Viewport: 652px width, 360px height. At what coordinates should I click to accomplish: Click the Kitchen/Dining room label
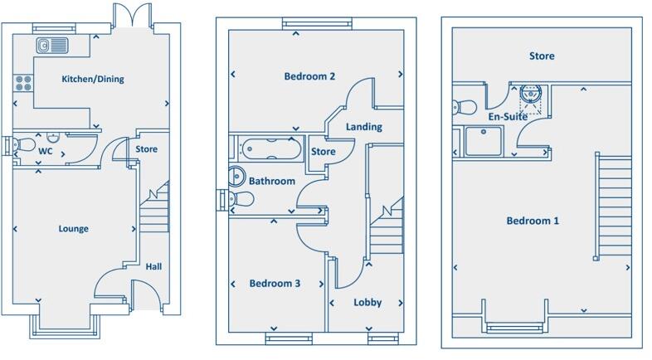click(92, 80)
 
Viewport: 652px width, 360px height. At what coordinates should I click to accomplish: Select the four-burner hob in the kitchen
click(23, 83)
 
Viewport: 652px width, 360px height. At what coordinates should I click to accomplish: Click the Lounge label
click(73, 229)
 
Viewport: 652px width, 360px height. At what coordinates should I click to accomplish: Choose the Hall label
click(154, 267)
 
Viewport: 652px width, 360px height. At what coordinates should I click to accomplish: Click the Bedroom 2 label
click(309, 77)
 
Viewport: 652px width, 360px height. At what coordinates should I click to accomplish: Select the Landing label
click(364, 127)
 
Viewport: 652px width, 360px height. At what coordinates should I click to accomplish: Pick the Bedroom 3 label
click(275, 284)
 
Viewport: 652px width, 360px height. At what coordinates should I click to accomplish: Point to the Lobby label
click(367, 303)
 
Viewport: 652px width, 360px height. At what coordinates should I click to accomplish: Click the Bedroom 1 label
click(533, 221)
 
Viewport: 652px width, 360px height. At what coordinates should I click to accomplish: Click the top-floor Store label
click(542, 56)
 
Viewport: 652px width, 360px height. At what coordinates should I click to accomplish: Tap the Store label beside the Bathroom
click(323, 152)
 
